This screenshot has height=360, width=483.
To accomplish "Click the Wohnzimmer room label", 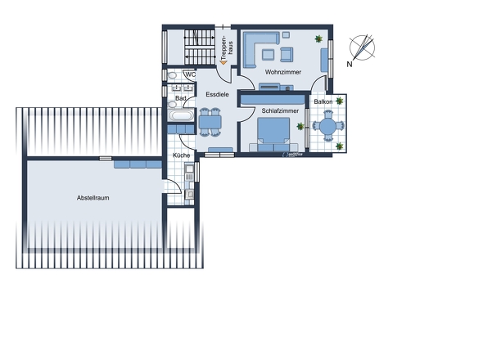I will pos(282,72).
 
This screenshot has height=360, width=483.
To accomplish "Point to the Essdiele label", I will pos(217,94).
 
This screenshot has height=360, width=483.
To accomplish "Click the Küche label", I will pos(181,155).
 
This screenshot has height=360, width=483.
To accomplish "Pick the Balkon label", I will pos(323,102).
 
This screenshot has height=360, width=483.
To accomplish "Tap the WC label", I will pos(189,75).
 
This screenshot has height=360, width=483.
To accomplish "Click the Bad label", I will pos(180,99).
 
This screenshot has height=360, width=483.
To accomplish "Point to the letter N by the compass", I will pos(349,63).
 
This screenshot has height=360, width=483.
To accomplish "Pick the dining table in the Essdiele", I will pos(211,123).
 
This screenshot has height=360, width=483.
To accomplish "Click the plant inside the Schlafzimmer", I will pos(300,126).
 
